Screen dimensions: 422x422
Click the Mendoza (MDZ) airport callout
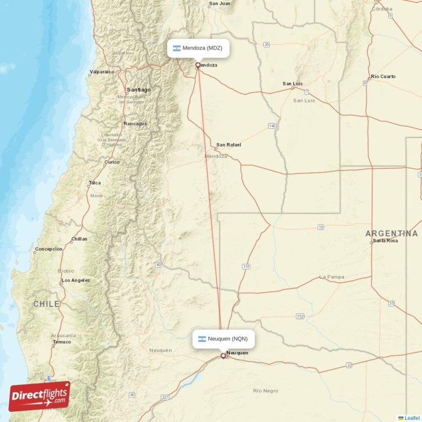click(199, 48)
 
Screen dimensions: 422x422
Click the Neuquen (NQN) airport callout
click(224, 339)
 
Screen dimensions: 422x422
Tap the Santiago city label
click(138, 90)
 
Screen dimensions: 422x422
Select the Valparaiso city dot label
click(102, 72)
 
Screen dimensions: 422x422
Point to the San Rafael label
click(228, 145)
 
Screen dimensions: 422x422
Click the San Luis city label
click(293, 83)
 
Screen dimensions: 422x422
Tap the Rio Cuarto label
click(383, 76)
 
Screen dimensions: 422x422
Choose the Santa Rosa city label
click(385, 241)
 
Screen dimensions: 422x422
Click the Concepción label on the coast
click(49, 249)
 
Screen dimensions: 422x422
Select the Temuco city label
click(62, 342)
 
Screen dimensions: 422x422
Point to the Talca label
click(94, 183)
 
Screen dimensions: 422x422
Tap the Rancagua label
click(135, 124)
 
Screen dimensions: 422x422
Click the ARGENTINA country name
click(391, 233)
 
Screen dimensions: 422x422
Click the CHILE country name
click(46, 304)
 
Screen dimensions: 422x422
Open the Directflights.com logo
click(40, 396)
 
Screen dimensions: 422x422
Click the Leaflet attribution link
click(412, 418)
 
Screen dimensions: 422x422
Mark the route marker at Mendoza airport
click(198, 65)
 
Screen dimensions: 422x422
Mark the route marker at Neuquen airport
click(223, 356)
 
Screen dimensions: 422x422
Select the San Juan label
click(219, 4)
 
